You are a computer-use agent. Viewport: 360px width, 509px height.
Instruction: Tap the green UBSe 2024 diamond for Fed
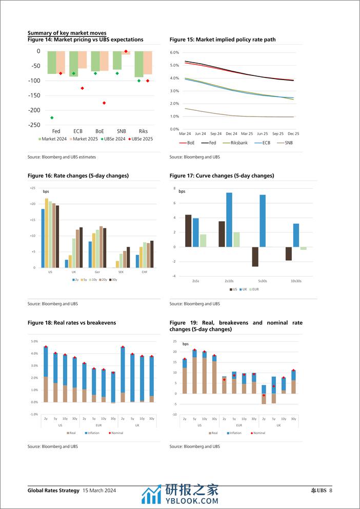point(52,118)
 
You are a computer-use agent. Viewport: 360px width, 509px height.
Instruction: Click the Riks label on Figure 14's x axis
point(143,131)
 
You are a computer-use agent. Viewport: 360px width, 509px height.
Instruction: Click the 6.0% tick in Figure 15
point(174,52)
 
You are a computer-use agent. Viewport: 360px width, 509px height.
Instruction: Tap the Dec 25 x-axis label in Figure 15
point(293,133)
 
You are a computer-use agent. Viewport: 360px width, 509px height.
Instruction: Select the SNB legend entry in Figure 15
point(288,143)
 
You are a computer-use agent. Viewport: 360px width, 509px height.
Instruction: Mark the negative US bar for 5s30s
point(255,257)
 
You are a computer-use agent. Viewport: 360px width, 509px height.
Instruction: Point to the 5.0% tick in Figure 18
point(35,341)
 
